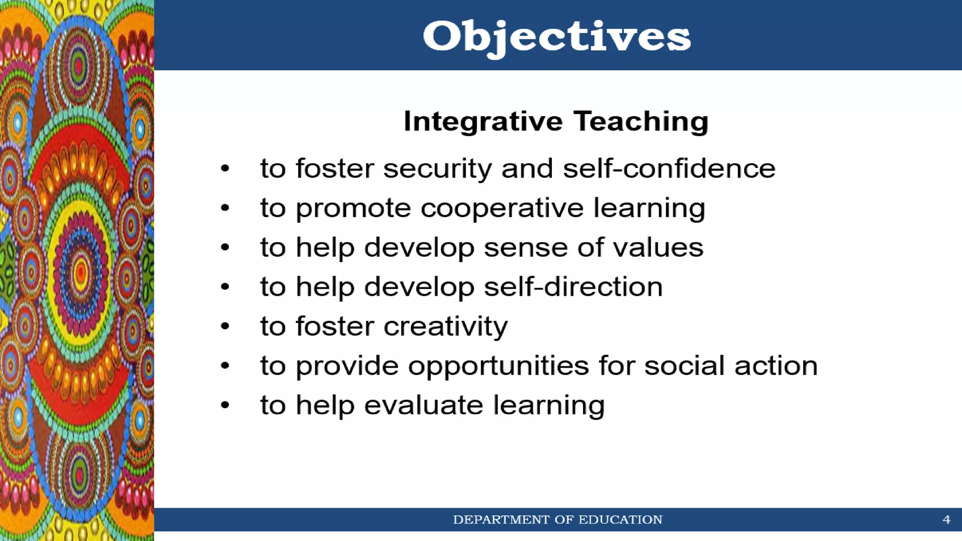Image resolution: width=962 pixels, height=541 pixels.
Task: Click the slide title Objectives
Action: click(x=557, y=37)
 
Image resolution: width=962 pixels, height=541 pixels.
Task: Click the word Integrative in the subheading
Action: click(x=483, y=121)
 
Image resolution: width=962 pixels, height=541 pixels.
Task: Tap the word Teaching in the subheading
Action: click(x=641, y=121)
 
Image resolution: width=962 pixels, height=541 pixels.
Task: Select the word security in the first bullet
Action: click(x=437, y=169)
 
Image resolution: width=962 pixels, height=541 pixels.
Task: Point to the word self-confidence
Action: click(x=669, y=169)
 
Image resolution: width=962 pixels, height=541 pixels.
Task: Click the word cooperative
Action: click(x=502, y=208)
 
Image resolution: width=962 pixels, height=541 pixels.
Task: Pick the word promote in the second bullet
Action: click(x=353, y=208)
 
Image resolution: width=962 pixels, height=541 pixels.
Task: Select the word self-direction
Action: click(x=573, y=287)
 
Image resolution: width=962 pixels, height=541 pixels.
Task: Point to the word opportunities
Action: click(x=498, y=366)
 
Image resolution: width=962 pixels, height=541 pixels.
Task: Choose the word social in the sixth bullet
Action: click(x=684, y=366)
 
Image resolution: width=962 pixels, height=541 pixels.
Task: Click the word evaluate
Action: click(x=423, y=405)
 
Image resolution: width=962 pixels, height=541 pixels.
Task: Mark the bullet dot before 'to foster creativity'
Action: click(x=225, y=326)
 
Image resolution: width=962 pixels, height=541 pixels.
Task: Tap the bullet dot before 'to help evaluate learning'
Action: click(x=225, y=405)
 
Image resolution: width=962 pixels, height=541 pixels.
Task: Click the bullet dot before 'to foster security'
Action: click(x=225, y=168)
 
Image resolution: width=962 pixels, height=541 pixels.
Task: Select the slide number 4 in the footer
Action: click(x=946, y=519)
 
